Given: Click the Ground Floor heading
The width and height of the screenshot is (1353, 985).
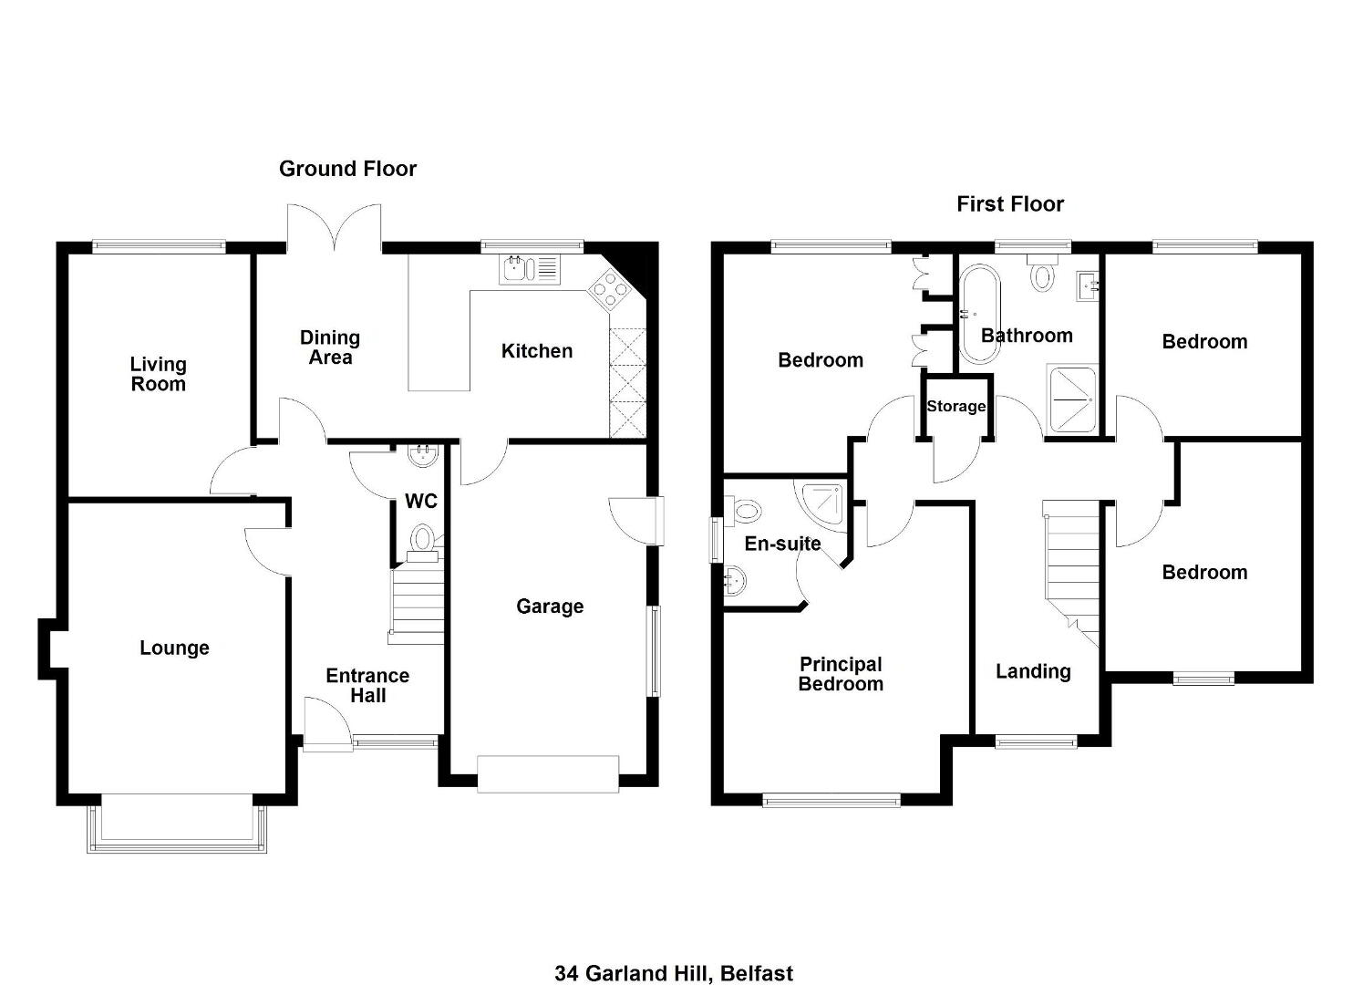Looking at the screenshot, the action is click(347, 169).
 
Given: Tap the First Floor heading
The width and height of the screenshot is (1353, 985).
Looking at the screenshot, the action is click(1010, 203).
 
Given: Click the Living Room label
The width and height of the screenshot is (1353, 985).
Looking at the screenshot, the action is click(159, 373).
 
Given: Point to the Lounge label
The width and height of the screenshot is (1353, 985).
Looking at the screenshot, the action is click(174, 648).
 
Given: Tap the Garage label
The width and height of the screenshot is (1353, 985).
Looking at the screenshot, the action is click(550, 607).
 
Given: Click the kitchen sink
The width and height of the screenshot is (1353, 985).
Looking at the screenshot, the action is click(529, 269).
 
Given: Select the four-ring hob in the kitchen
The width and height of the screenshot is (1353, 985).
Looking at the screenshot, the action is click(609, 289).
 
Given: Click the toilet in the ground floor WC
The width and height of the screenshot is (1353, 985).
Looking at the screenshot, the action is click(423, 542).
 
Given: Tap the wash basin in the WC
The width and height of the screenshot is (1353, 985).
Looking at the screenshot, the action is click(422, 455).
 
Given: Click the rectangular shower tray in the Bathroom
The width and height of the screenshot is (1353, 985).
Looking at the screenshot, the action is click(1071, 399).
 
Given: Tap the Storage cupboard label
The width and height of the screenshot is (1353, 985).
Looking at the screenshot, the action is click(955, 406).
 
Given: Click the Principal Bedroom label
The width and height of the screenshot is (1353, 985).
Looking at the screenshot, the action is click(841, 674).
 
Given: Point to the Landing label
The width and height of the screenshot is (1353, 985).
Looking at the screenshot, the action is click(1033, 671).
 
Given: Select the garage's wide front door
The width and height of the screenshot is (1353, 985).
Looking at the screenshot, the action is click(548, 773).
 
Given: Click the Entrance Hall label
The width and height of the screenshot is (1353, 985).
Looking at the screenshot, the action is click(367, 685).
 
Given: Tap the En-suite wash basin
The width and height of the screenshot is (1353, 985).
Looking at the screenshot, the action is click(735, 581).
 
